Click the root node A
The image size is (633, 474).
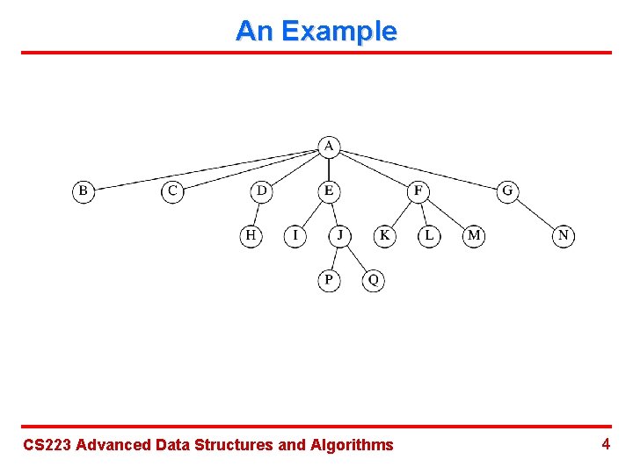pos(329,146)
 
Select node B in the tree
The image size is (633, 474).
pos(84,190)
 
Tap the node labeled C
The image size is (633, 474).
pos(172,190)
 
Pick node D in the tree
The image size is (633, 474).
pos(262,190)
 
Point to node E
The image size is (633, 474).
pos(329,190)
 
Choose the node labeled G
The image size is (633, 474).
pos(507,190)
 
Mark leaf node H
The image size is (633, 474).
pos(251,235)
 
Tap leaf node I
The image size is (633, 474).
pos(295,235)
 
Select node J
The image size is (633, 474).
pos(340,235)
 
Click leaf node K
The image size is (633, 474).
pos(384,235)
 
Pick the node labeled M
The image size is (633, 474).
pos(474,235)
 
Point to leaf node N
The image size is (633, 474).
pos(564,235)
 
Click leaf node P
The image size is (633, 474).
pos(329,280)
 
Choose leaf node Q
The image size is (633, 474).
pos(374,280)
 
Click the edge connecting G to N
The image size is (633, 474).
pos(535,213)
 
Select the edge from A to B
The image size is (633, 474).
pos(206,169)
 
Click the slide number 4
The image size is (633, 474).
pos(606,444)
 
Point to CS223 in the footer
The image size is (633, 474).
pos(47,445)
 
